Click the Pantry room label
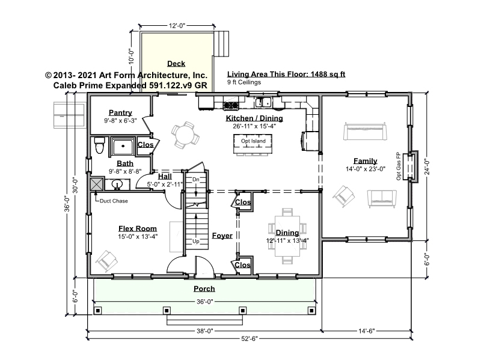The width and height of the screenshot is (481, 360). (120, 112)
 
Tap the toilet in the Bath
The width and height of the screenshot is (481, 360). (99, 145)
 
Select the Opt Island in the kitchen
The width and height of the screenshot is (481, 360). (253, 144)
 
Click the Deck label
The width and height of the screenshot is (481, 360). (176, 64)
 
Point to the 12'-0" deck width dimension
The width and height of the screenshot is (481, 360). (177, 26)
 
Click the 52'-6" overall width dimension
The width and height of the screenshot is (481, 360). (250, 338)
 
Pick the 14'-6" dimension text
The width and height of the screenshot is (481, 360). (367, 331)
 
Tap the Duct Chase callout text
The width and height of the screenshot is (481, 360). (114, 201)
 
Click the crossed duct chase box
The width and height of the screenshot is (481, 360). (97, 184)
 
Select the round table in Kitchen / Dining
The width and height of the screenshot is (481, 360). (185, 135)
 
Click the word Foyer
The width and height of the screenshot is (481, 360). (222, 236)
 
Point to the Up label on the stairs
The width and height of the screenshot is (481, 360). (196, 242)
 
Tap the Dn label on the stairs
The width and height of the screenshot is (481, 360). (196, 179)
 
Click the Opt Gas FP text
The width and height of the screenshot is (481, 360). (399, 166)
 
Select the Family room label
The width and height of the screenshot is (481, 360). (366, 160)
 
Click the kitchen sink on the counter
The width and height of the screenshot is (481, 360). (263, 102)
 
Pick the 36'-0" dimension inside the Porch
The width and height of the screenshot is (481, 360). (204, 302)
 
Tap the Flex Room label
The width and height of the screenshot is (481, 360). (138, 228)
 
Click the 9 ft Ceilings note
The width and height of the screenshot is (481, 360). (244, 82)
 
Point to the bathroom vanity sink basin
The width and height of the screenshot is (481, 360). (117, 185)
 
